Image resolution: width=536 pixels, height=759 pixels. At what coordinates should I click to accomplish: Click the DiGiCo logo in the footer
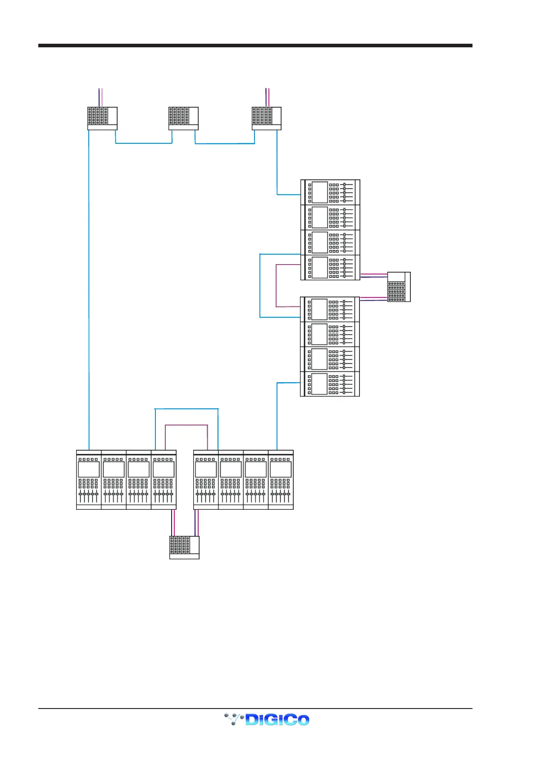pos(267,719)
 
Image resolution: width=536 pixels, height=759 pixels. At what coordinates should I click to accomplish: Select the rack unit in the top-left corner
pos(102,118)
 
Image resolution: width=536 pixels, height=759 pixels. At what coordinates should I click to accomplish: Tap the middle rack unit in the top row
pos(183,118)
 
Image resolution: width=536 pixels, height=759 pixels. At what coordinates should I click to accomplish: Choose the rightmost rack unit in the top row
pos(266,118)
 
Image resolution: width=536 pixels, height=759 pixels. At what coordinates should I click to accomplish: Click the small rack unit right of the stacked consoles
pos(399,287)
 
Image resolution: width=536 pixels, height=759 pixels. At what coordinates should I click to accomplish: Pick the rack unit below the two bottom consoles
pos(184,547)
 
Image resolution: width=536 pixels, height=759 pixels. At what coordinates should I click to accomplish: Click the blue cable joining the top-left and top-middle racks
pos(144,143)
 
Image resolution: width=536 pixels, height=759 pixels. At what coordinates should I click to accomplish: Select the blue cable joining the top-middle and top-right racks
pos(225,143)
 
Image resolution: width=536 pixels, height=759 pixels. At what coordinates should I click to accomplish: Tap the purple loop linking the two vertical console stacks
pos(276,285)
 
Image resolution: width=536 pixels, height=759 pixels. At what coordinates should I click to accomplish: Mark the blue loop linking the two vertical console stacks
pos(260,285)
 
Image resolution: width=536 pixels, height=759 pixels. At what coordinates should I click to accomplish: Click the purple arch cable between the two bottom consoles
pos(186,425)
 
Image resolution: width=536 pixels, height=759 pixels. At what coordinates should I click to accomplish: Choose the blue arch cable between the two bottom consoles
pos(186,409)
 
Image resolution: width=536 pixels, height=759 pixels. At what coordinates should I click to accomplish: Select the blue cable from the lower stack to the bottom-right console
pos(277,415)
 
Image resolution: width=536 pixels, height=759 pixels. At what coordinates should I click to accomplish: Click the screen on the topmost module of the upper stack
pos(319,192)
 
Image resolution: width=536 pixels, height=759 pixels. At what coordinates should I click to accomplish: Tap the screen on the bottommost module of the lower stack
pos(319,384)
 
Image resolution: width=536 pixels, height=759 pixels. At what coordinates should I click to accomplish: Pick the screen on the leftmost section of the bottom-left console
pos(89,469)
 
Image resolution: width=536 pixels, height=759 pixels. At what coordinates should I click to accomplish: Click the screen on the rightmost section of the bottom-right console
pos(281,469)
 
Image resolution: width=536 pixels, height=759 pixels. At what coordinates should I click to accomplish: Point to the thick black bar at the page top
pos(255,46)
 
